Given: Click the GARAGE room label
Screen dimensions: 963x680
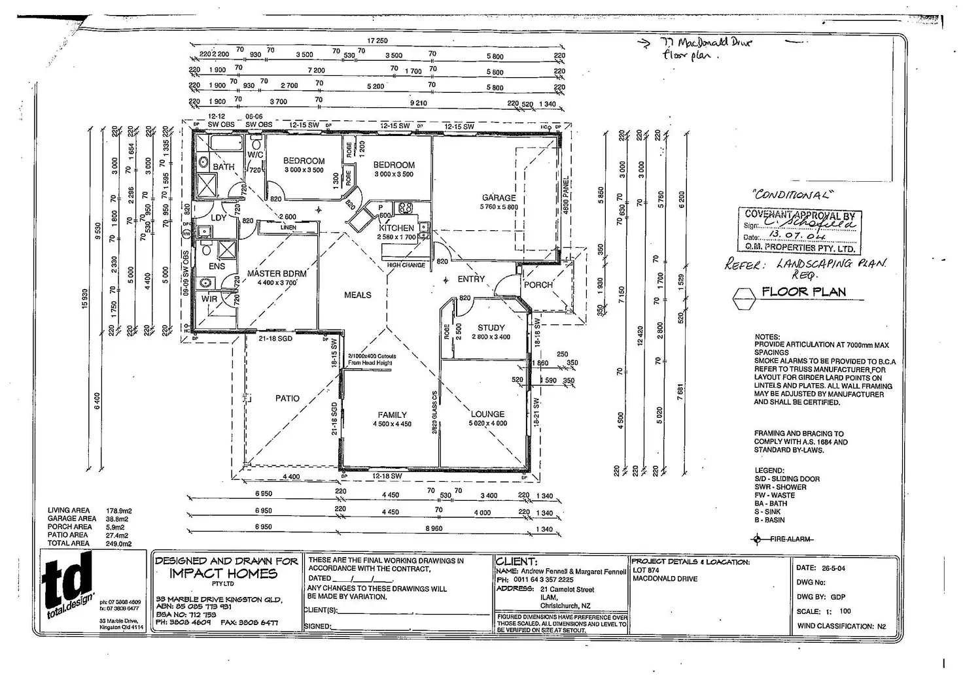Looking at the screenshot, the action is tap(499, 197).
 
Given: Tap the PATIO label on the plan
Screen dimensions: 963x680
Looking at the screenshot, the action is tap(287, 398).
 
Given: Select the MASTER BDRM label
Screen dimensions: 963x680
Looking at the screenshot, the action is tap(277, 273).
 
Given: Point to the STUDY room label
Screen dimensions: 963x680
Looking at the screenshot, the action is tap(491, 328).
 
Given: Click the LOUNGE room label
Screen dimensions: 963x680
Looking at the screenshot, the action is tap(487, 414).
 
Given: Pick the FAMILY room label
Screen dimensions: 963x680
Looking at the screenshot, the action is tap(392, 415).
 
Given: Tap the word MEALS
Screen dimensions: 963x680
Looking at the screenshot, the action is tap(358, 295).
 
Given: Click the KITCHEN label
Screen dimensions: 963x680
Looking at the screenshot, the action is tap(396, 228).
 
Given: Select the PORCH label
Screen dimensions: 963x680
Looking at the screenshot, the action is tap(538, 285).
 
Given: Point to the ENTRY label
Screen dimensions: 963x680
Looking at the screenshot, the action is tap(471, 279).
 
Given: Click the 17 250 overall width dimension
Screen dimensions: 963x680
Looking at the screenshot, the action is tap(377, 41).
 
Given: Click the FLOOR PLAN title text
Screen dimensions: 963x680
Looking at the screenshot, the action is tap(803, 292).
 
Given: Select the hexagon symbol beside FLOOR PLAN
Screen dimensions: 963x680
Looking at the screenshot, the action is tap(744, 299).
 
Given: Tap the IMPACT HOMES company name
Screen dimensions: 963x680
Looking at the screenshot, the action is tap(223, 573).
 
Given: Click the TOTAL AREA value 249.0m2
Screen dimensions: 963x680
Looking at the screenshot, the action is tap(118, 543).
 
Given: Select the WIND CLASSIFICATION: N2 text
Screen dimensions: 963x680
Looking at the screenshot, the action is tap(841, 626).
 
